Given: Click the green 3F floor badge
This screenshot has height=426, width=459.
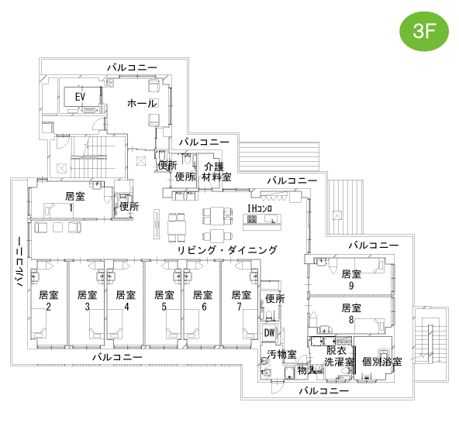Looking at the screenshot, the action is (424, 31).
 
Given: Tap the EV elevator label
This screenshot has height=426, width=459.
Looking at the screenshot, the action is (80, 97).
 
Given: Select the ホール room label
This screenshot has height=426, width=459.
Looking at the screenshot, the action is (142, 103).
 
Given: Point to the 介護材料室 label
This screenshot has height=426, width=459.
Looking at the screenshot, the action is (216, 172).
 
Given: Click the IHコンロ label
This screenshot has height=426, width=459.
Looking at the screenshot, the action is (260, 208).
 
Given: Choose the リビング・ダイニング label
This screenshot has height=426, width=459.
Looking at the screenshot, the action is (227, 250).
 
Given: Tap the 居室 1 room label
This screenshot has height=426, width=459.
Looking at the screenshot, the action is (74, 201).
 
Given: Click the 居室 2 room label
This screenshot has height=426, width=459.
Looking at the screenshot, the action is (49, 301).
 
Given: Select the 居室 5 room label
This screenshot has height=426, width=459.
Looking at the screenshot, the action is (164, 301).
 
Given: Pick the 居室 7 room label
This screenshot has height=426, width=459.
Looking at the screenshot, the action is (241, 301).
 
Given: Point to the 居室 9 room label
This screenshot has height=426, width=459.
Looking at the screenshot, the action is (351, 280).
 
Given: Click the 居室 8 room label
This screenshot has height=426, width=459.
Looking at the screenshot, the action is (351, 314).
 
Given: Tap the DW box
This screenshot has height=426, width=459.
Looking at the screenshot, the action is (270, 332).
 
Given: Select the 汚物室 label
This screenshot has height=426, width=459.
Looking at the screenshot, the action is (281, 355).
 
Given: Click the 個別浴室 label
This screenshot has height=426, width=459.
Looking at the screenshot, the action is (381, 362).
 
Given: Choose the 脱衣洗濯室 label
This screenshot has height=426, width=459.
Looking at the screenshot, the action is (339, 356).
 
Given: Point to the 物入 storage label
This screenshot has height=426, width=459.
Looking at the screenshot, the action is (307, 370).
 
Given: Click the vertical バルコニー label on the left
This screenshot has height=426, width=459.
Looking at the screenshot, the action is (19, 261).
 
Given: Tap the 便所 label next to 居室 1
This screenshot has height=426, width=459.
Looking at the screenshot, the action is (129, 207).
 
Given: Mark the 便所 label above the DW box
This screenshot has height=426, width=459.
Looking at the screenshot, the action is (275, 299).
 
